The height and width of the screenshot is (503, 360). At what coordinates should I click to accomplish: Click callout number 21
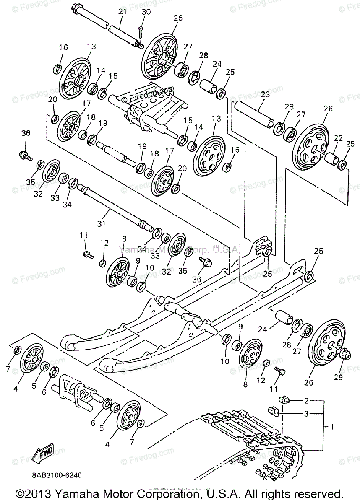pyautogui.click(x=122, y=12)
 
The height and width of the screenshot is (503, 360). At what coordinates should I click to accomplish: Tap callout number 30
pyautogui.click(x=146, y=12)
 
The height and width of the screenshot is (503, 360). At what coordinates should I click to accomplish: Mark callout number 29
pyautogui.click(x=338, y=377)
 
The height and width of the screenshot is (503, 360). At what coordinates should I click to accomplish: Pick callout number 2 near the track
pyautogui.click(x=306, y=400)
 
